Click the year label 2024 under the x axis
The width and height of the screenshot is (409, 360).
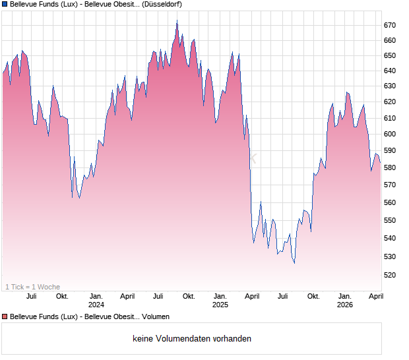pyautogui.click(x=96, y=305)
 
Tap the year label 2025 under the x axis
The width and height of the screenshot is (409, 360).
pyautogui.click(x=220, y=305)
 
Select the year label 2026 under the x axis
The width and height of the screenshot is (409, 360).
pyautogui.click(x=344, y=305)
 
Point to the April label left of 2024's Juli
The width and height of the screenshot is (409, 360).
pyautogui.click(x=127, y=296)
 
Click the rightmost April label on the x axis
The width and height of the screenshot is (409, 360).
pyautogui.click(x=375, y=296)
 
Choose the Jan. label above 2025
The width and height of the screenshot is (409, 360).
pyautogui.click(x=220, y=296)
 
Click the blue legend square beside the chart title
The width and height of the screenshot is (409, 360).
pyautogui.click(x=5, y=4)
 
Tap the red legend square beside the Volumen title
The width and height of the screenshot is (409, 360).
pyautogui.click(x=5, y=316)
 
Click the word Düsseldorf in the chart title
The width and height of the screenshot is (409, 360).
pyautogui.click(x=162, y=4)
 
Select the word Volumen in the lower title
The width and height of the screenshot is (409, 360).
pyautogui.click(x=155, y=316)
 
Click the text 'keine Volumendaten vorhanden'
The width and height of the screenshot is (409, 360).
pyautogui.click(x=192, y=339)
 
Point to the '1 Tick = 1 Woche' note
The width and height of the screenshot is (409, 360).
pyautogui.click(x=32, y=287)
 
